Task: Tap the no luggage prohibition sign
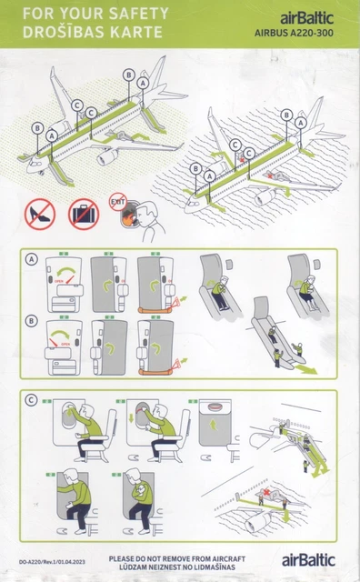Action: coord(85,215)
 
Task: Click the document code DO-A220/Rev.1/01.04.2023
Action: coord(51,563)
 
